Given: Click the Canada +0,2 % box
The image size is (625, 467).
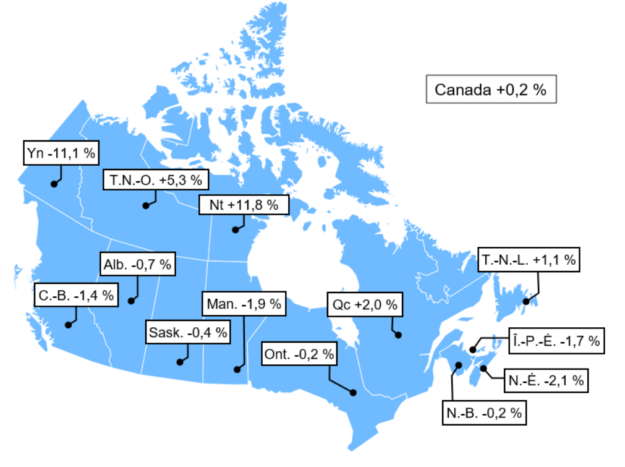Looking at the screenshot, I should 491,89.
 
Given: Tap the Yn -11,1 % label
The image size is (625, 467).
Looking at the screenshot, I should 61,153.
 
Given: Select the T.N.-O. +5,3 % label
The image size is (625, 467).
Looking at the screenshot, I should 156,181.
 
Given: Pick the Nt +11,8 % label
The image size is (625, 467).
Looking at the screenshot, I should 244,204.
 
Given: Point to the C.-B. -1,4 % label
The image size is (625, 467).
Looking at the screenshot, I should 75,295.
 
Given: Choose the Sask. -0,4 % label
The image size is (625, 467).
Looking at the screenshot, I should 188,332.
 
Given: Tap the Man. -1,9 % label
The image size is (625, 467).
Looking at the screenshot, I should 244,304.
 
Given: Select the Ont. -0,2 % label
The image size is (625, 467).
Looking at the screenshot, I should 299,354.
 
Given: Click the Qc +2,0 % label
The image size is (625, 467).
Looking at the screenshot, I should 365,304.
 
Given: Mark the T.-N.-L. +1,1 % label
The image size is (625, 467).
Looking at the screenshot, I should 528,260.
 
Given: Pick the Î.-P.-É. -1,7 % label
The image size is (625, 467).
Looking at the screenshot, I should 555,340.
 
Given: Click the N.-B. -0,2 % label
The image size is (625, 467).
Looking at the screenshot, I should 485,413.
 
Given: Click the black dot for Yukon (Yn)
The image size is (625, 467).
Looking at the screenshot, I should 54,184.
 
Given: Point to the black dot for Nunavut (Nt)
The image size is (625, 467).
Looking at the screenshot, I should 235,229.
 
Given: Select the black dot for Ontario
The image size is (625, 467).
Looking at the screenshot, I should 353,392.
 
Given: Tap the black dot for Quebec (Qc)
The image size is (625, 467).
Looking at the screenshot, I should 398,335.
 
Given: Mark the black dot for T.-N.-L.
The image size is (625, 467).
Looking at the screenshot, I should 526,301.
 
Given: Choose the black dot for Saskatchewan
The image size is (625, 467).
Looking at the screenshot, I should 179,362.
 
